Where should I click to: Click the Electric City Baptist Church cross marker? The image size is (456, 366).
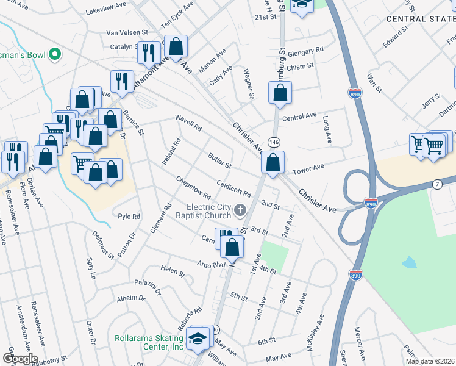pyautogui.click(x=240, y=212)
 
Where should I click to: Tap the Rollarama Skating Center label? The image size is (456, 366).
pyautogui.click(x=150, y=342)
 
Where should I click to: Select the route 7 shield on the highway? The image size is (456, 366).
pyautogui.click(x=437, y=184)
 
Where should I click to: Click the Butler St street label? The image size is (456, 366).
pyautogui.click(x=219, y=161)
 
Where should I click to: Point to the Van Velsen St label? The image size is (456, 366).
pyautogui.click(x=127, y=32)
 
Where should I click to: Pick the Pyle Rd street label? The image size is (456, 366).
pyautogui.click(x=129, y=216)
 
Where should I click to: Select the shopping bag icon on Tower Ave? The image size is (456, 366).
pyautogui.click(x=273, y=163)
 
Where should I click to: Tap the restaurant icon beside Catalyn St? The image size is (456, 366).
pyautogui.click(x=149, y=53)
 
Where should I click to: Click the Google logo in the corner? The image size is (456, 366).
pyautogui.click(x=20, y=359)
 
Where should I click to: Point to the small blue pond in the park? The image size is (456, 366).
pyautogui.click(x=409, y=263)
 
